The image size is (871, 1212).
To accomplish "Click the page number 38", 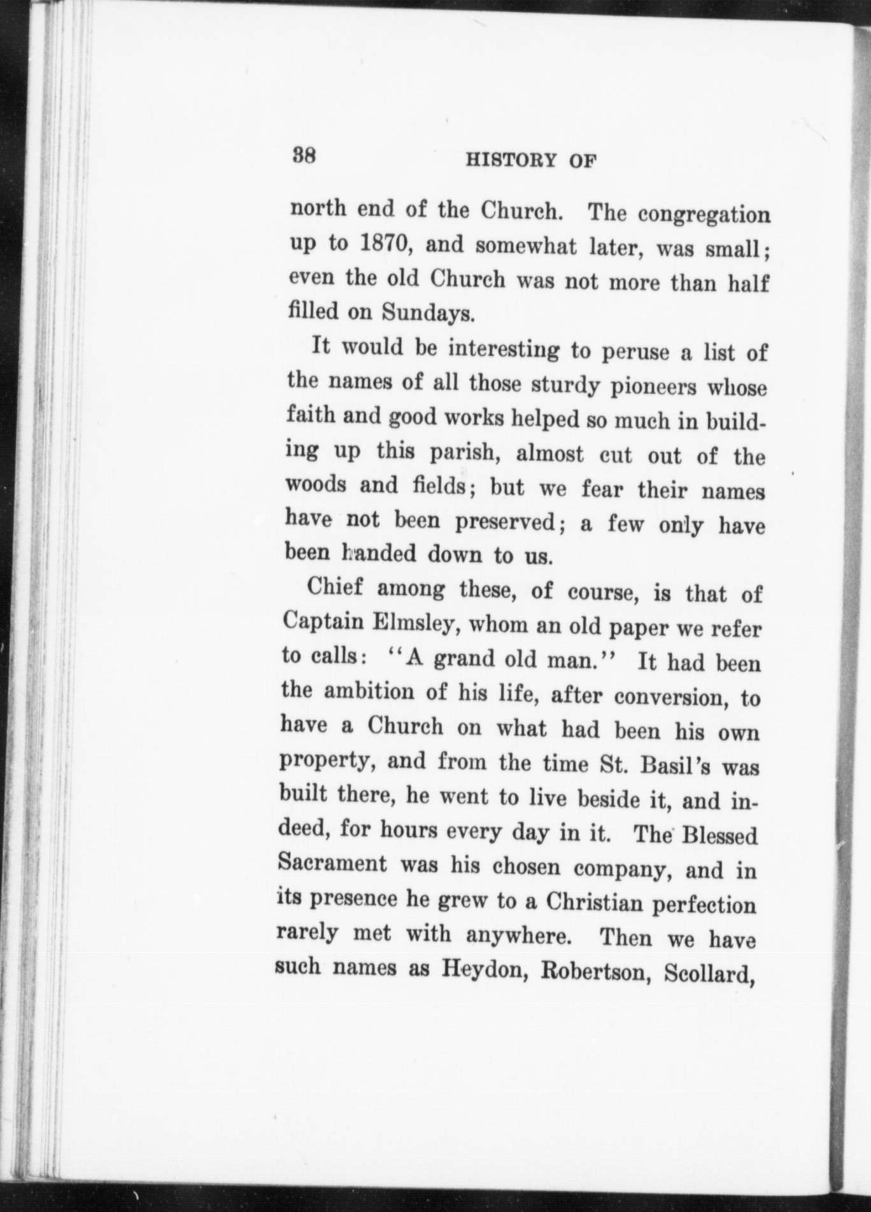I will pos(304,156).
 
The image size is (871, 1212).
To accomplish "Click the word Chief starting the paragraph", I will pos(335,588).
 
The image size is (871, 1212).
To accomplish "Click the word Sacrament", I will pos(332,864).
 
